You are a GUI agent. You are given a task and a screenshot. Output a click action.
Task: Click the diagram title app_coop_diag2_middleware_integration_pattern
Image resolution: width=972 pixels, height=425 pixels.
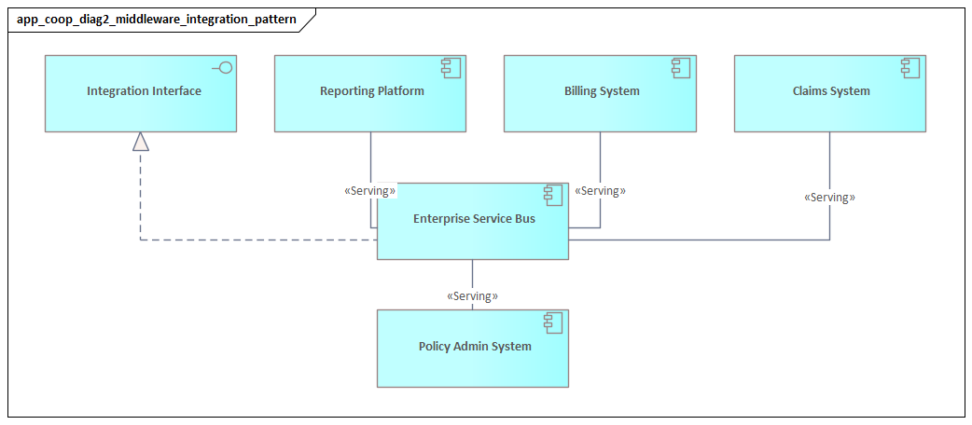(x=157, y=19)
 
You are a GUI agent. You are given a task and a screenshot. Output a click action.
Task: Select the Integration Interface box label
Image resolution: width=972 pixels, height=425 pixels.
(x=144, y=91)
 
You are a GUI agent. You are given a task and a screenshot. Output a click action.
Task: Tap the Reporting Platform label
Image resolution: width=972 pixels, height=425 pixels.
(x=371, y=91)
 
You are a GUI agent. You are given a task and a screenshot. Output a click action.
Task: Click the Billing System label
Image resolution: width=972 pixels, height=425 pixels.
(x=602, y=91)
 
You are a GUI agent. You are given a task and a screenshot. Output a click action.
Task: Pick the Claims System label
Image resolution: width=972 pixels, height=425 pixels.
(x=830, y=91)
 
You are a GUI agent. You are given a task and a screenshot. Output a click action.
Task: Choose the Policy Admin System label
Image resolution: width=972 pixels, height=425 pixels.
(x=474, y=347)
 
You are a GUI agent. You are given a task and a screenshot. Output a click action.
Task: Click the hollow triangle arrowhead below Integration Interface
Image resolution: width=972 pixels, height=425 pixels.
(x=140, y=141)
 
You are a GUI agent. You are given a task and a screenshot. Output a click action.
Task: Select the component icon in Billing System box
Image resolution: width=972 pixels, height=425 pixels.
(x=680, y=67)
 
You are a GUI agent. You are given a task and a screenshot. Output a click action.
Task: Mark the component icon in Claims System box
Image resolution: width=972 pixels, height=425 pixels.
(x=910, y=67)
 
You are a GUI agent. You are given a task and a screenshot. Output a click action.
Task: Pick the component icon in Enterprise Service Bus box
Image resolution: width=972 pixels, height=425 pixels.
(x=553, y=195)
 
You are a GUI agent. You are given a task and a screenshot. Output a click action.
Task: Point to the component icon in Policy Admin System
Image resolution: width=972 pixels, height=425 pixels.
(x=553, y=322)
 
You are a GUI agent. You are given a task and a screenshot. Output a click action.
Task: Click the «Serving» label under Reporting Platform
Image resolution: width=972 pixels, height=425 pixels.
(x=369, y=191)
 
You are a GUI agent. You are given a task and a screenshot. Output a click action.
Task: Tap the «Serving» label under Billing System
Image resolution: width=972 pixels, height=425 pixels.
(x=600, y=191)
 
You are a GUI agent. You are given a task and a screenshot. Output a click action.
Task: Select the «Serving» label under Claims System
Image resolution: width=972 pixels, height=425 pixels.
(x=829, y=198)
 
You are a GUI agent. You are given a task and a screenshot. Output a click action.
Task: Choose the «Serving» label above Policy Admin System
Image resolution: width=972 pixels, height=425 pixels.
(x=472, y=296)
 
